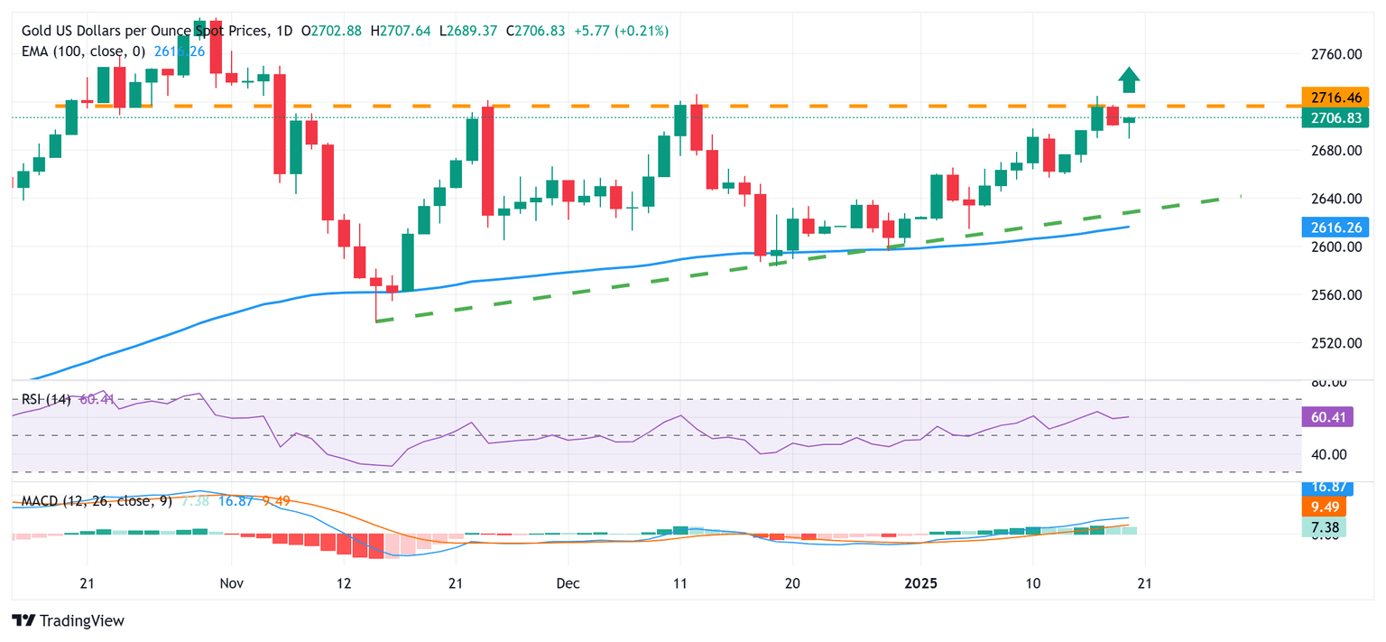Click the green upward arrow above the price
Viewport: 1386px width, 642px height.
(x=1129, y=79)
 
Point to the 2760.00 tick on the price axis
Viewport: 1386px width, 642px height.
(x=1335, y=54)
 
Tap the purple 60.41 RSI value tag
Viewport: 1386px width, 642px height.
(x=1324, y=416)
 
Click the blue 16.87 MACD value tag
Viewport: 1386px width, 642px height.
(x=1324, y=488)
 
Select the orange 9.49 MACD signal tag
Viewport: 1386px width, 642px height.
(x=1324, y=507)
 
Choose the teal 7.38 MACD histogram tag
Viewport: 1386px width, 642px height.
(x=1324, y=526)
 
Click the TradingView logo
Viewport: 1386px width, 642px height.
(x=69, y=620)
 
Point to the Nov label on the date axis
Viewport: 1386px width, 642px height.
(x=232, y=583)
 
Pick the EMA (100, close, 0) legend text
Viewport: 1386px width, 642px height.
(x=83, y=51)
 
